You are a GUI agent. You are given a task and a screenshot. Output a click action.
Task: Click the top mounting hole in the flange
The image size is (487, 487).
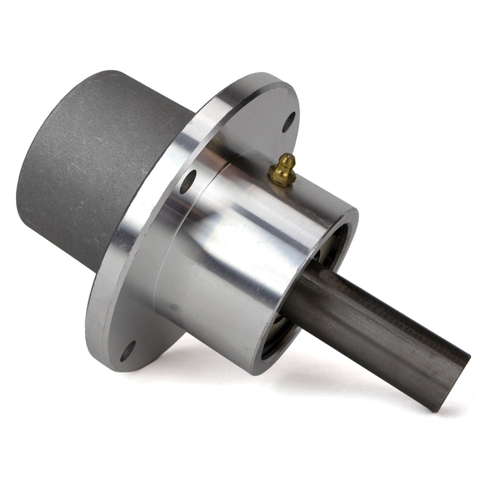tap(289, 121)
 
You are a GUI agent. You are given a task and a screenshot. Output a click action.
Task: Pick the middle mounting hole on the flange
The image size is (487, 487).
tap(188, 181)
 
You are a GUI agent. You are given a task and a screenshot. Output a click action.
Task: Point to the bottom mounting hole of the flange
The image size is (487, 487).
tap(127, 351)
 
